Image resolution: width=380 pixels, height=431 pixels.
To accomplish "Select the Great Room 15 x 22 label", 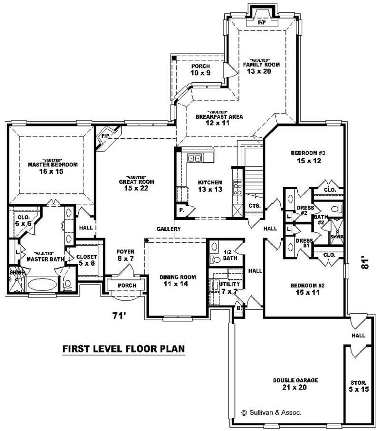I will (x=136, y=185).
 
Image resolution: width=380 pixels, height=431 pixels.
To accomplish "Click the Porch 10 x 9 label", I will (x=200, y=69).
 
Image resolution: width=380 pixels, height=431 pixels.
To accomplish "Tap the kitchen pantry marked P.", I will (x=181, y=210).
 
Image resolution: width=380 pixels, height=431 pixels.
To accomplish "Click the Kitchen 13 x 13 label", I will (x=210, y=186).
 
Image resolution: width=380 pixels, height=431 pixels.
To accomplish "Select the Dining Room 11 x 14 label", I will (x=178, y=280).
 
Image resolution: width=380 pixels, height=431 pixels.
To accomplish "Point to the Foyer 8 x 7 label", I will (x=126, y=255).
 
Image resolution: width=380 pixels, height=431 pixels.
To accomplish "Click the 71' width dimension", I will (x=120, y=316).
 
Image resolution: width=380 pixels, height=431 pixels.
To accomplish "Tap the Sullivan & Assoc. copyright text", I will (x=271, y=413).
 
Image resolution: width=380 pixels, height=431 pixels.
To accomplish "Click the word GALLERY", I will (x=169, y=229).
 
